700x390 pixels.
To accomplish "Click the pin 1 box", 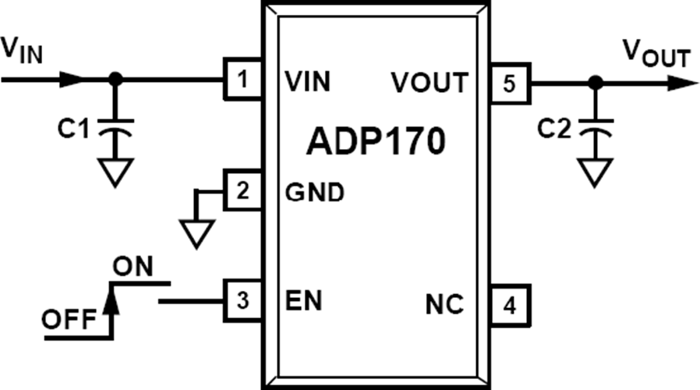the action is click(243, 79).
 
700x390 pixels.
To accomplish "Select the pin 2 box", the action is click(243, 190).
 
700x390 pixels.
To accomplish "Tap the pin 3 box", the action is click(243, 300).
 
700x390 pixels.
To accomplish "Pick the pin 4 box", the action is click(510, 306).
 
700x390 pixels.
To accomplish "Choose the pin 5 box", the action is click(510, 83).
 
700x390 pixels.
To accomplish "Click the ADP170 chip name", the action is click(376, 141).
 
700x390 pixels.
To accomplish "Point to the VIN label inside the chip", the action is click(308, 81).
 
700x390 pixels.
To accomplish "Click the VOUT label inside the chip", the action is click(430, 82).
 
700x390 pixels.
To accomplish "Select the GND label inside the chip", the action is click(315, 193).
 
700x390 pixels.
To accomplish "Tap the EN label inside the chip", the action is click(303, 300).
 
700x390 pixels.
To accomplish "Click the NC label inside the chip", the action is click(444, 305).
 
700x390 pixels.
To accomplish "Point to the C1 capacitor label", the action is click(73, 128).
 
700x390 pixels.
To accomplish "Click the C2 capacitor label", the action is click(554, 129).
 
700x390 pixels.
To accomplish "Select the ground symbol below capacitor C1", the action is click(115, 172).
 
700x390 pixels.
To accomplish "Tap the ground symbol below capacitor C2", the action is click(595, 172).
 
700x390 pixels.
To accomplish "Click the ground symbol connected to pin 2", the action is click(196, 232).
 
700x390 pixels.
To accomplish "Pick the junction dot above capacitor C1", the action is click(115, 80).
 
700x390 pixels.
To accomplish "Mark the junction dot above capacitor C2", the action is click(595, 83).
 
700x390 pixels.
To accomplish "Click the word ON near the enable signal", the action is click(133, 267).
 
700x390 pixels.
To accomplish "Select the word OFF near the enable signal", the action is click(69, 320).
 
